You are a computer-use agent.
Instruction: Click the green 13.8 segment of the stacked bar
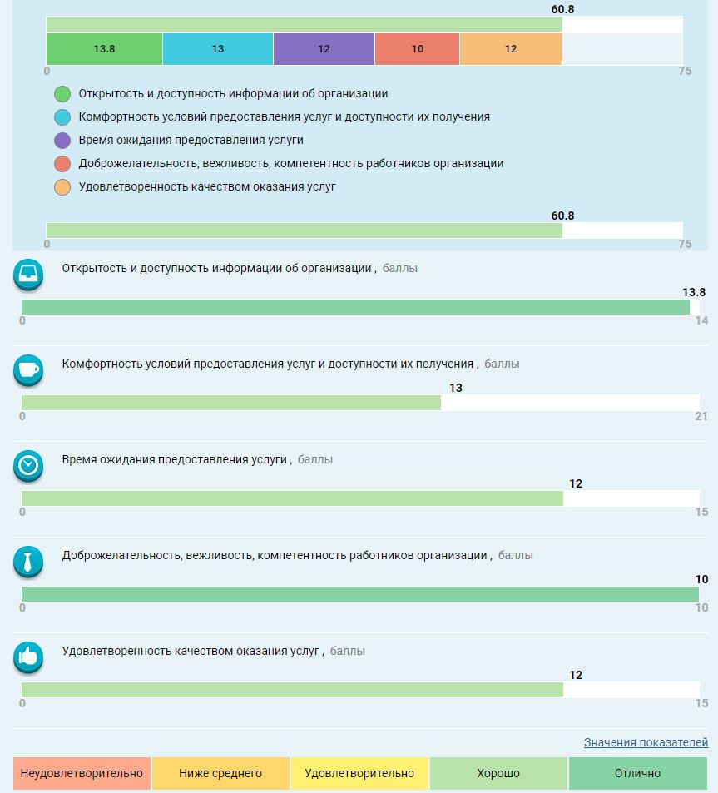coord(104,49)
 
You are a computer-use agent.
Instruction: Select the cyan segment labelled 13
coord(218,49)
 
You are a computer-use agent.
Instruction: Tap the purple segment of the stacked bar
coord(324,49)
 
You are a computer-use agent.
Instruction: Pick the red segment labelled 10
coord(417,49)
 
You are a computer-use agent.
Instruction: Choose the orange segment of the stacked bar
coord(511,49)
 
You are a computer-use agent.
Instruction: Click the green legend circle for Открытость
coord(62,94)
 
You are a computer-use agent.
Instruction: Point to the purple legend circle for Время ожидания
coord(62,141)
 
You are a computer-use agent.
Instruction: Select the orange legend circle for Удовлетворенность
coord(62,187)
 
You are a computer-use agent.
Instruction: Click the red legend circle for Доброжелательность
coord(62,164)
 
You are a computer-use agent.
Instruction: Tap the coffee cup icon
coord(28,370)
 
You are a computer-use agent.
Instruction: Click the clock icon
coord(28,466)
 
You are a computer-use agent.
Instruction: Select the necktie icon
coord(28,562)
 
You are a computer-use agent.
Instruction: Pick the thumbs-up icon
coord(28,657)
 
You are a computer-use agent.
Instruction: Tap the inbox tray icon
coord(28,275)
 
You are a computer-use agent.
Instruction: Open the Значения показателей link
coord(646,742)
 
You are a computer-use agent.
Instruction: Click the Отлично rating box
coord(637,773)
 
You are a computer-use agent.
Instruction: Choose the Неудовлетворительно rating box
coord(82,773)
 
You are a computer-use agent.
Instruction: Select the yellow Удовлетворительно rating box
coord(359,773)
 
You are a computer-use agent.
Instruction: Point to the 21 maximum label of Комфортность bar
coord(701,416)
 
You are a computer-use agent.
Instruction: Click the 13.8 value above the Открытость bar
coord(694,292)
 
